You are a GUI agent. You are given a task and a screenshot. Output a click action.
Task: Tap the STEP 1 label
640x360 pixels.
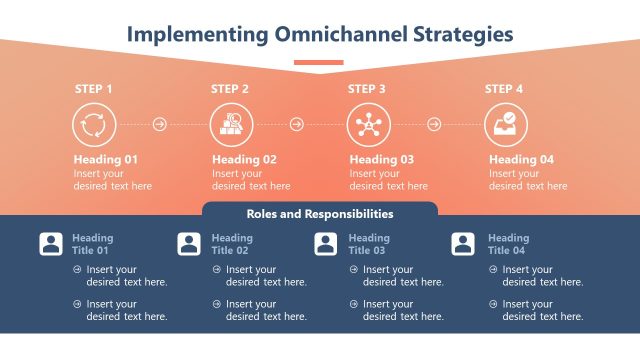[x=93, y=89]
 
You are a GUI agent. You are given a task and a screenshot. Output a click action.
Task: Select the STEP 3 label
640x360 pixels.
[x=367, y=89]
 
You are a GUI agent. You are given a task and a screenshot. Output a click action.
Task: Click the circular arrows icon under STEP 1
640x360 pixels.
[x=93, y=125]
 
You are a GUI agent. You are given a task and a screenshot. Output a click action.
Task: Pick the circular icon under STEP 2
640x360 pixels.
[x=230, y=125]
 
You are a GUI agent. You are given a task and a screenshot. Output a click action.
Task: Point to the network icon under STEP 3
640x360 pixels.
[x=367, y=125]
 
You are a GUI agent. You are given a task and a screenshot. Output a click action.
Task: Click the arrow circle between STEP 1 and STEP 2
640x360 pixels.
[x=160, y=125]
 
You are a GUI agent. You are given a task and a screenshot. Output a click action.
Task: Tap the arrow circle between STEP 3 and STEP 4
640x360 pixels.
[x=434, y=125]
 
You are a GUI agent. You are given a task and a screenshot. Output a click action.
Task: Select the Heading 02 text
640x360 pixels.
[x=244, y=159]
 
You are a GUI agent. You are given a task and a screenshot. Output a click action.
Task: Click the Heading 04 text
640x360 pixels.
[x=521, y=159]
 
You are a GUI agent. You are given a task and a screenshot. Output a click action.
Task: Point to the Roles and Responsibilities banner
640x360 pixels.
[x=320, y=214]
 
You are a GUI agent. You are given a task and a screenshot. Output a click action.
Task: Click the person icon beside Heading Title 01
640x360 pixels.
[x=51, y=244]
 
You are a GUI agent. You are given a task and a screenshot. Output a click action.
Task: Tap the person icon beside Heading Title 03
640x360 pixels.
[x=326, y=244]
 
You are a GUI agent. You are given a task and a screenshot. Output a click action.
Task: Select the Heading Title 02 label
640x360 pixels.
[x=232, y=244]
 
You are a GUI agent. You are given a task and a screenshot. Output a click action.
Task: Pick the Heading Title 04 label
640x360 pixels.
[x=507, y=244]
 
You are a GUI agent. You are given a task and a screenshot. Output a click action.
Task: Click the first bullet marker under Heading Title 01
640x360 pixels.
[x=77, y=269]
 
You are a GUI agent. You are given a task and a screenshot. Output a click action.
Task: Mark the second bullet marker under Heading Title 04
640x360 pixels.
[x=492, y=304]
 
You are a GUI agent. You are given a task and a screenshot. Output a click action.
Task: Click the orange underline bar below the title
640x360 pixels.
[x=319, y=62]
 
